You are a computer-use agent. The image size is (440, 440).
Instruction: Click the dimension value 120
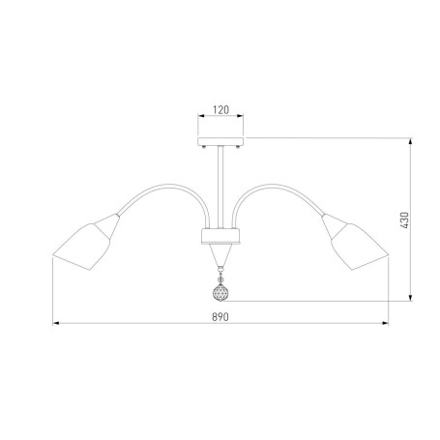(220, 110)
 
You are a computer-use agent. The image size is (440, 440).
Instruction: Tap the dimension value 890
(220, 317)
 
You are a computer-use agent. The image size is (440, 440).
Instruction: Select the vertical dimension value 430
(404, 220)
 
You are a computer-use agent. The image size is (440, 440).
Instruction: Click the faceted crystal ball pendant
(220, 293)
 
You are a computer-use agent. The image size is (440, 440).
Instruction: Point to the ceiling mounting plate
(220, 141)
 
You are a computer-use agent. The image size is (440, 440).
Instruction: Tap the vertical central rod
(220, 187)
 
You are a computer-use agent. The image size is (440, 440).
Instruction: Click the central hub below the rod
(220, 236)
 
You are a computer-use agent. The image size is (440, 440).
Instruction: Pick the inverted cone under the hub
(220, 254)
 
